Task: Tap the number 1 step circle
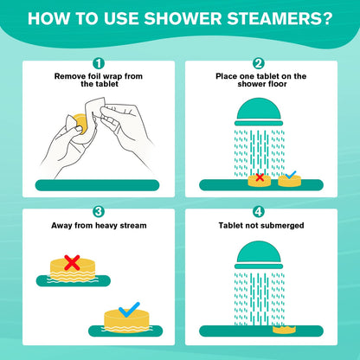pos(99,63)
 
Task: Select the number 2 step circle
pos(259,63)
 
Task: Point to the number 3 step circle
pos(99,211)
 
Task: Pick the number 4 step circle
pos(259,211)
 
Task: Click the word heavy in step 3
pos(108,226)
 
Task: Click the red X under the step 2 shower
pos(257,178)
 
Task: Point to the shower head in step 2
pos(259,113)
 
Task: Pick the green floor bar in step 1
pos(98,185)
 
